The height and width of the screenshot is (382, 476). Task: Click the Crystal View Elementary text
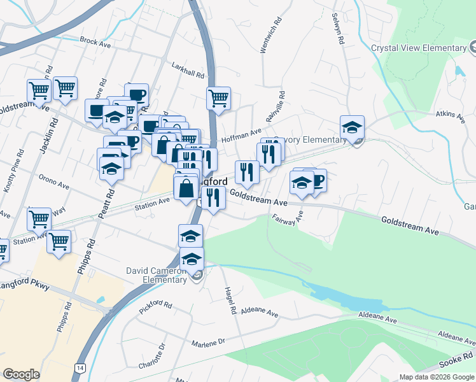click(419, 48)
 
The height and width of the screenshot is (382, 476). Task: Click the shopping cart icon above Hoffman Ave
click(218, 98)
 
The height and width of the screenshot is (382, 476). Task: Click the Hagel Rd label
click(230, 301)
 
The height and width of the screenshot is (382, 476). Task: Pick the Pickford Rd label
click(155, 309)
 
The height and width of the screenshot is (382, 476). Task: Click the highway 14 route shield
click(79, 368)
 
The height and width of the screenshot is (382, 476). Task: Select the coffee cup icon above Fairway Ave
click(316, 180)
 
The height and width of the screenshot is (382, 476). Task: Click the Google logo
click(21, 374)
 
